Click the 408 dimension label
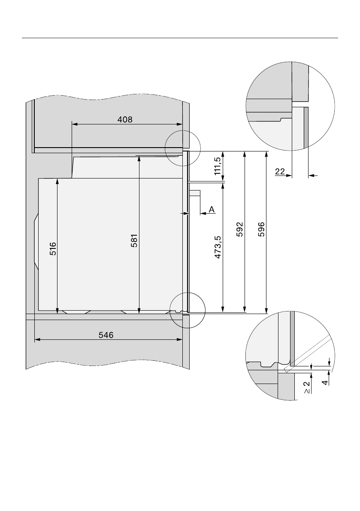(x=125, y=120)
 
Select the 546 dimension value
(x=106, y=335)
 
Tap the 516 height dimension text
(x=53, y=249)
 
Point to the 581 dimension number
(x=134, y=241)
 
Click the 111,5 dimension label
(x=218, y=166)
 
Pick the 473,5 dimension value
(x=218, y=248)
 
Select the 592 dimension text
(x=239, y=230)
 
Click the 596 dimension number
(x=261, y=230)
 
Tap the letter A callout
(x=212, y=209)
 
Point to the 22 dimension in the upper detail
(x=280, y=172)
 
